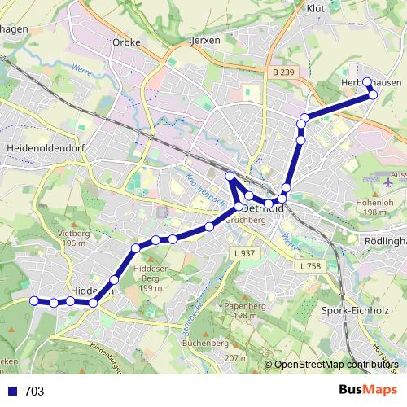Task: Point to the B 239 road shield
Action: tap(282, 72)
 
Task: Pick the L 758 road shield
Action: tap(309, 266)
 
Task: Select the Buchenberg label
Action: tap(206, 344)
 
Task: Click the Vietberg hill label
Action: tap(72, 234)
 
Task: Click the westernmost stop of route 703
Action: tap(34, 301)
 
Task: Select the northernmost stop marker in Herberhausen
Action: tap(367, 81)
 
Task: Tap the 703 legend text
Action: tap(34, 392)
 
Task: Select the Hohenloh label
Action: tap(375, 203)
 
